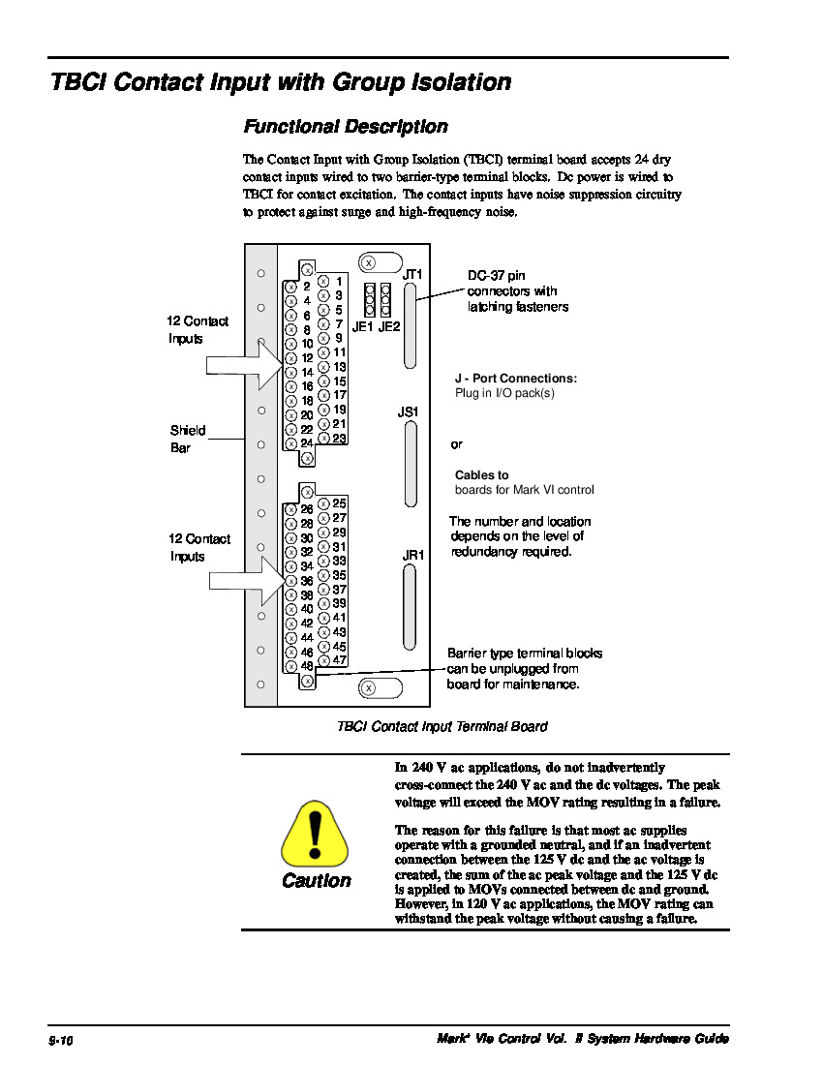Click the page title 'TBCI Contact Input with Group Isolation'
click(281, 83)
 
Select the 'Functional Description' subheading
click(345, 127)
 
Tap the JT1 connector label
click(412, 275)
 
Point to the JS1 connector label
click(408, 412)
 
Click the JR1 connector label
click(413, 556)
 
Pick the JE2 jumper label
click(389, 327)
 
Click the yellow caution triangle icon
click(314, 835)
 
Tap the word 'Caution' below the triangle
click(316, 881)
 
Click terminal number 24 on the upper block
click(306, 443)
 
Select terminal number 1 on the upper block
click(339, 282)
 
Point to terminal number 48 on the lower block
click(306, 666)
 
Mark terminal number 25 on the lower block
click(339, 503)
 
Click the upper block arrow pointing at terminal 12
click(243, 364)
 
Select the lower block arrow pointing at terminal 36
click(243, 581)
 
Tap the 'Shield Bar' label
click(188, 440)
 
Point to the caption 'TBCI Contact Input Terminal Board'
click(442, 727)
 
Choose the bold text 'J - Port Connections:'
click(516, 379)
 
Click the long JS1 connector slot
click(411, 465)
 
